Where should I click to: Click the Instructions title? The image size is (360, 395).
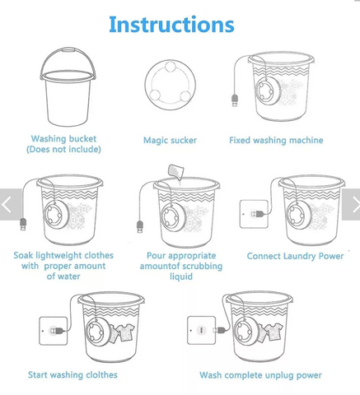point(171,25)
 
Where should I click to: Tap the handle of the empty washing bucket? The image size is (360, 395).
point(68,50)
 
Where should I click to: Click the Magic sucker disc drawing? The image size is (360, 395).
point(171,85)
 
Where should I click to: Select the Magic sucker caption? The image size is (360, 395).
point(170,140)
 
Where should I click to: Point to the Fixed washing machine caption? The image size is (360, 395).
point(276,140)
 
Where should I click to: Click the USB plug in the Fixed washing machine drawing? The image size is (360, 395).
point(235,100)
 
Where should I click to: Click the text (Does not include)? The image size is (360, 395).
point(63,149)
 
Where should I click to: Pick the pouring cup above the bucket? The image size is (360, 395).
point(175,171)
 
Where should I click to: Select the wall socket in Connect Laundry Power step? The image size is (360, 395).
point(254,214)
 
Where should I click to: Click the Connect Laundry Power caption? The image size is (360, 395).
point(295,256)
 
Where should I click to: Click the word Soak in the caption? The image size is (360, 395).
point(24,255)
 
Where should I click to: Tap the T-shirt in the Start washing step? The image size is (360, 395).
point(126,332)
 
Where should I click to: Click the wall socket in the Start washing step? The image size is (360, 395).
point(54,331)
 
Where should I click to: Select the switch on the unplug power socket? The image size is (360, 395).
point(201,330)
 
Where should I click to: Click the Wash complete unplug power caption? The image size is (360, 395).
point(260,375)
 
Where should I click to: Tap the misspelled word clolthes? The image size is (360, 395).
point(101,374)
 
